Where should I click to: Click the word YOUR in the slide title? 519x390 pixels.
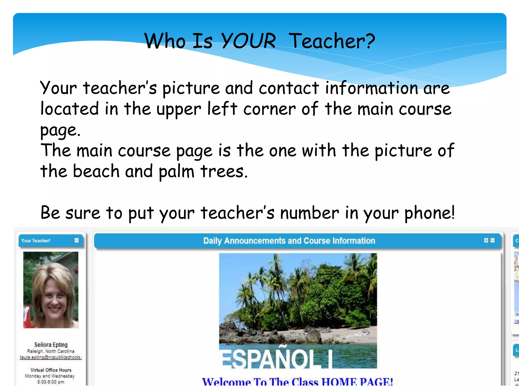[248, 41]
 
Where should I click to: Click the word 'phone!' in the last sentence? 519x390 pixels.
[430, 213]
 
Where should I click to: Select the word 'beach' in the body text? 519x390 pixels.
[96, 171]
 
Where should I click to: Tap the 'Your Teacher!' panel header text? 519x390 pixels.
[36, 240]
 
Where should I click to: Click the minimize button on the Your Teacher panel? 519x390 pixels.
[77, 240]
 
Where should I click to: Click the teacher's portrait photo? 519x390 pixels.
[51, 290]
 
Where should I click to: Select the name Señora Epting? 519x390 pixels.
[51, 345]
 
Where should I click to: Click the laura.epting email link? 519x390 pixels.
[51, 357]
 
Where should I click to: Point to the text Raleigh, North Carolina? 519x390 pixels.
[51, 351]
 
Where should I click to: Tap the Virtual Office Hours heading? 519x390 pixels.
[51, 370]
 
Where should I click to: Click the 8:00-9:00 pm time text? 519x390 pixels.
[51, 382]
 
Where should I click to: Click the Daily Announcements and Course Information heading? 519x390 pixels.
[289, 241]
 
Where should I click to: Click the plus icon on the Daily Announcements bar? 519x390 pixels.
[486, 240]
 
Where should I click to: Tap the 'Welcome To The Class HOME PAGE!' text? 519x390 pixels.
[297, 382]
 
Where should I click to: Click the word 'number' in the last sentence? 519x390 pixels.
[309, 213]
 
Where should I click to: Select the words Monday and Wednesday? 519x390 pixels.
[50, 376]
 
